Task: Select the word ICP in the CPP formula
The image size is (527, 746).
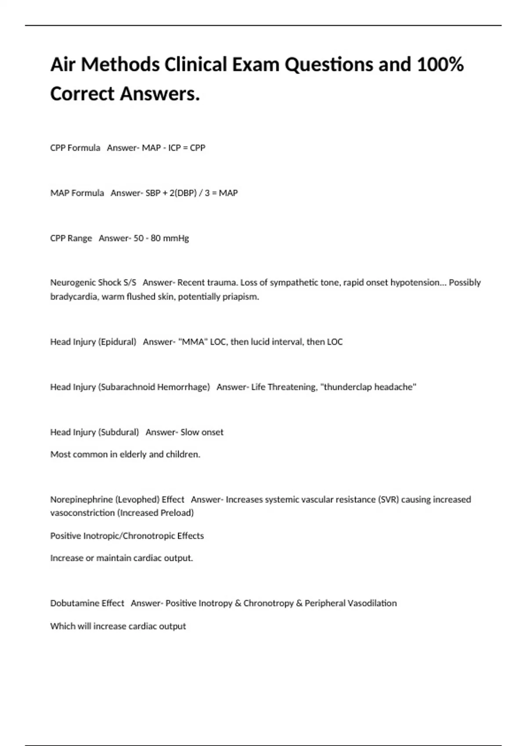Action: (x=174, y=148)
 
